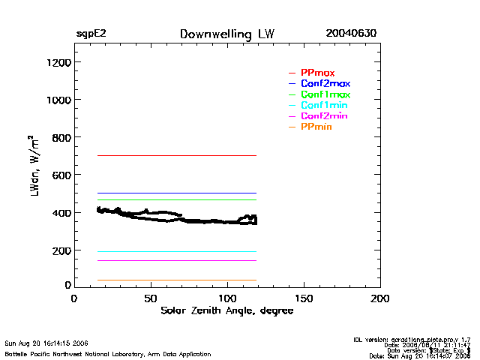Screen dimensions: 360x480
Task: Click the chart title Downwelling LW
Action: click(227, 34)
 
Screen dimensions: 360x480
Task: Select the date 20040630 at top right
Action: click(351, 34)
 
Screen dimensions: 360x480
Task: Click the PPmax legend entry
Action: click(312, 73)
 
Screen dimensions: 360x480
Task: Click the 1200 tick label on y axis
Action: click(58, 62)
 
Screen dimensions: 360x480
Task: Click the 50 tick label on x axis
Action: click(151, 298)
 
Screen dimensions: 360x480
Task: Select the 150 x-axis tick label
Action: click(304, 298)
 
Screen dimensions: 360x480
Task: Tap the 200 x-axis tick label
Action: click(380, 298)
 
